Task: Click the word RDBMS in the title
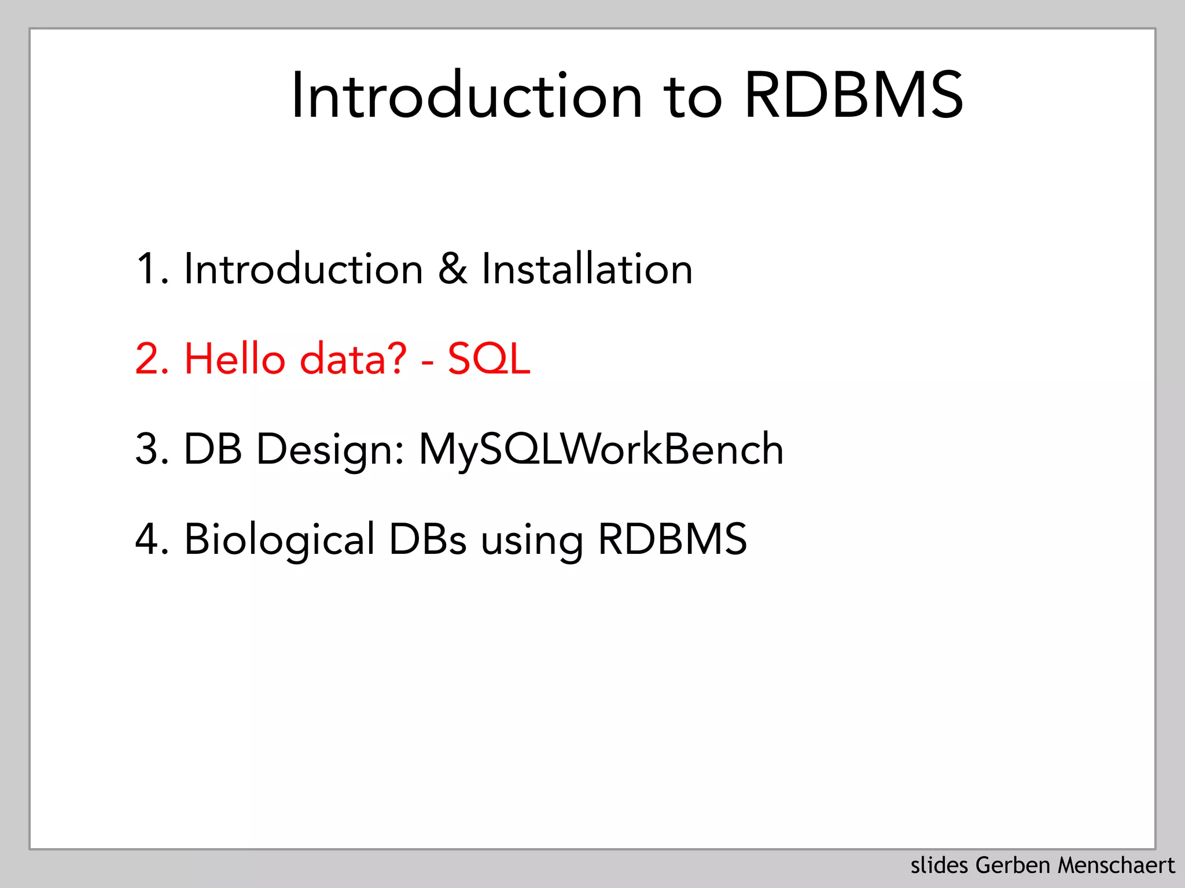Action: click(x=853, y=95)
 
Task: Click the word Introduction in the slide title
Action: click(x=466, y=95)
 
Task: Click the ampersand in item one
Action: click(x=452, y=269)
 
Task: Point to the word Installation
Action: click(x=587, y=269)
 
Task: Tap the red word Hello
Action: click(x=235, y=359)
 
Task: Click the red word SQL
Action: click(x=489, y=359)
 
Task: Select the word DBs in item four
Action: click(x=427, y=539)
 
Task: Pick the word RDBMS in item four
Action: click(x=672, y=539)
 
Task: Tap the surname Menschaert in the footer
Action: click(x=1116, y=865)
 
